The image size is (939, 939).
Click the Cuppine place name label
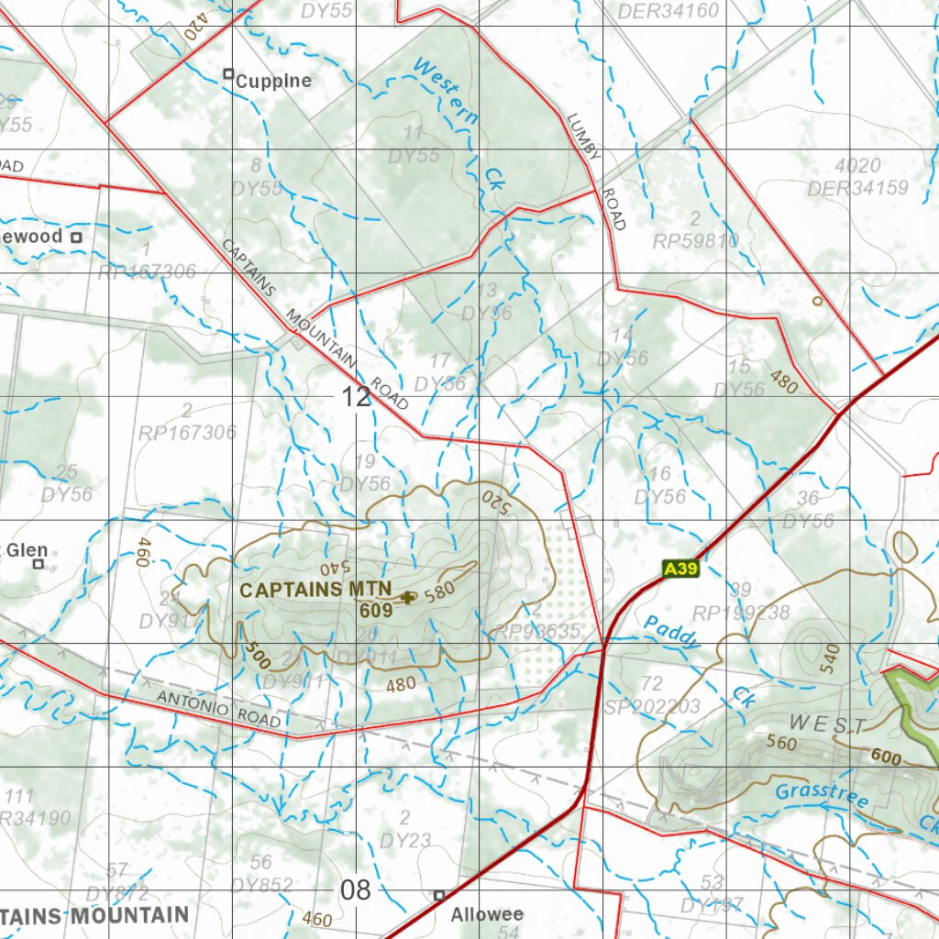[x=273, y=81]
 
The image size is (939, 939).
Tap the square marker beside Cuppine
[x=228, y=74]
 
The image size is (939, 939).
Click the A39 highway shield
[x=681, y=569]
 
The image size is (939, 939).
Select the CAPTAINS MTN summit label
[x=315, y=589]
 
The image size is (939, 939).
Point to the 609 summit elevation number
[x=376, y=609]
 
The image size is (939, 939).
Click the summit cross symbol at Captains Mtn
[x=408, y=597]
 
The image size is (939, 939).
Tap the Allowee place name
[x=486, y=914]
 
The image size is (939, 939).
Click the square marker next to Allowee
[x=439, y=895]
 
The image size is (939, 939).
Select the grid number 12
[x=357, y=397]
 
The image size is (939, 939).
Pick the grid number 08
[x=357, y=889]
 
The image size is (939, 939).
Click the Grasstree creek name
[x=822, y=796]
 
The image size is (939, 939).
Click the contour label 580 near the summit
[x=440, y=592]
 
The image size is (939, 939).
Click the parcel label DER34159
[x=857, y=189]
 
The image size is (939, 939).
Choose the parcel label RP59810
[x=695, y=241]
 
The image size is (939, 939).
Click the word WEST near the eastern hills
[x=827, y=724]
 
